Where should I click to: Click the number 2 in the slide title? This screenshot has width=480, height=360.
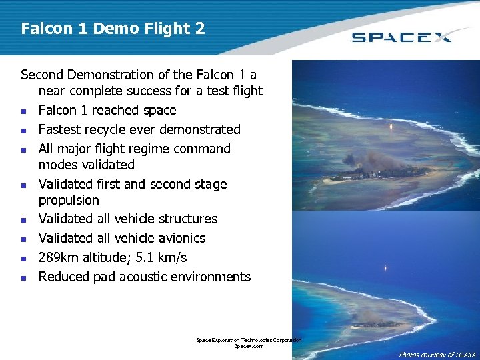tap(199, 29)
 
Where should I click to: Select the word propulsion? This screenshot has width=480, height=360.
tap(69, 200)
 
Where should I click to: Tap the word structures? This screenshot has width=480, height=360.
tap(182, 219)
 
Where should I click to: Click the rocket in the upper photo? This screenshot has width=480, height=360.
tap(391, 125)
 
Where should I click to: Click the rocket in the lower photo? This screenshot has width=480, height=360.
tap(385, 271)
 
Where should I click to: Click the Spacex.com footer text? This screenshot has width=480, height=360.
tap(249, 347)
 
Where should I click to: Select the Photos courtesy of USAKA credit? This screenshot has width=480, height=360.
tap(437, 355)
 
